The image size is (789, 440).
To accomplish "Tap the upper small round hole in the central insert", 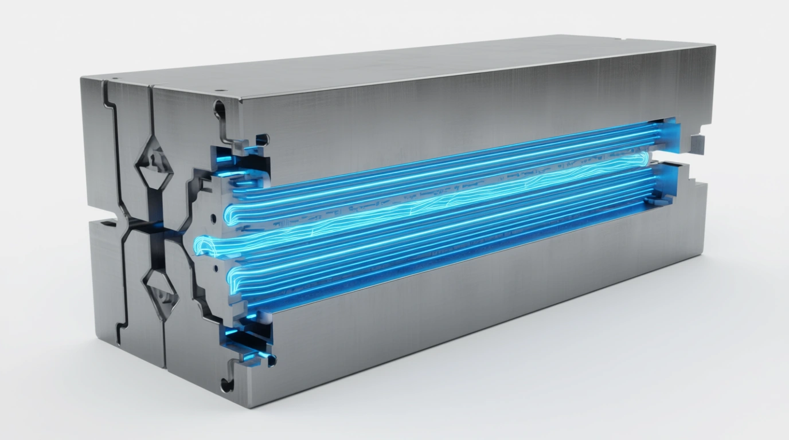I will tap(213, 218).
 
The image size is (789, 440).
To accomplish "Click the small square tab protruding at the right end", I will tap(696, 143).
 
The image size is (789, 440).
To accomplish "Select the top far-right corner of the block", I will tap(714, 45).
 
